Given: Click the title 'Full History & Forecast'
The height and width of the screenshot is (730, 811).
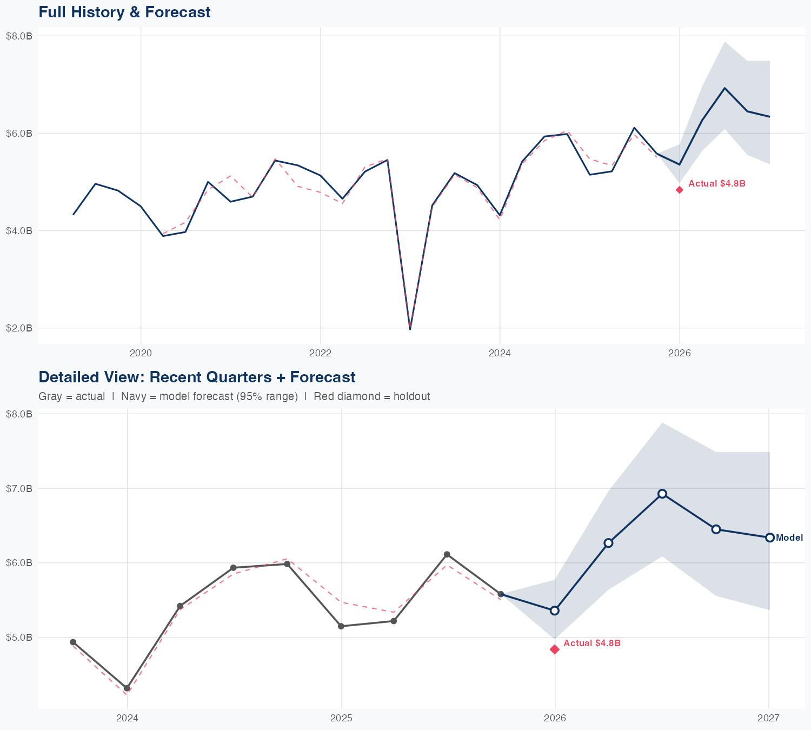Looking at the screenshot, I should tap(124, 12).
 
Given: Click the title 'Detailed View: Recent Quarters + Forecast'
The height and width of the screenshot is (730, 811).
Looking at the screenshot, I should tap(197, 377).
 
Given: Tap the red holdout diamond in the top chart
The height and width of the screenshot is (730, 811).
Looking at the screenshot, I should tap(680, 190).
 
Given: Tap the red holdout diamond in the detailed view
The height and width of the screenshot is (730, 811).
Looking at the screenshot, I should tap(555, 649).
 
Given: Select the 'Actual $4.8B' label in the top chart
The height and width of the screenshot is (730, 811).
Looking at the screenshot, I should tap(716, 184).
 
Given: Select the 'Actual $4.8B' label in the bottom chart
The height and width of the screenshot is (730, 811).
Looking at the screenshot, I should tap(591, 643).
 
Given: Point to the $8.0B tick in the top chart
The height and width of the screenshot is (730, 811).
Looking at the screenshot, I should tap(19, 36).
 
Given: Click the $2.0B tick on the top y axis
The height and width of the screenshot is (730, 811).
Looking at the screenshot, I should tap(19, 328).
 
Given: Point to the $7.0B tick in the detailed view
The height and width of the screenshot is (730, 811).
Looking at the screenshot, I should tap(19, 489).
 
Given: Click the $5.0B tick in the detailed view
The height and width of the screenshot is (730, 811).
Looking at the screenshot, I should tap(19, 638).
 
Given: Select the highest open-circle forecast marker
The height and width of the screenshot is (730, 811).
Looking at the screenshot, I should tap(662, 494).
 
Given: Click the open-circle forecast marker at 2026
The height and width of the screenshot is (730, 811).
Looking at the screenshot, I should tap(555, 610).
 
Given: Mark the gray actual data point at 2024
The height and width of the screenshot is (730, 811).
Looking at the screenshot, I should tap(127, 688).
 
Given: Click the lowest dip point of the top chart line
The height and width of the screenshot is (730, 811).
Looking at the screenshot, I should tap(410, 328).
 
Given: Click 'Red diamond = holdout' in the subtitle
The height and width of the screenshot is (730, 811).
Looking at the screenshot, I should tap(371, 396).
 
